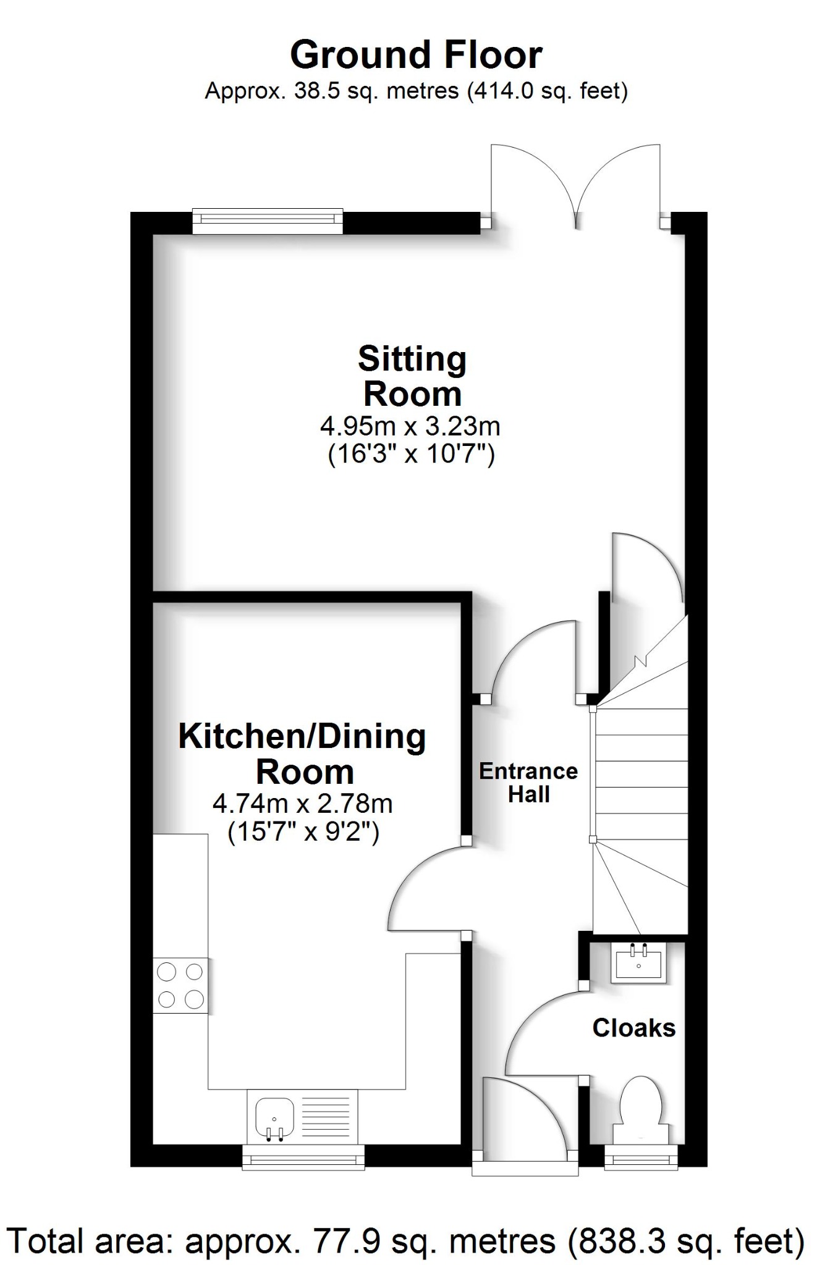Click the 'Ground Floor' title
(416, 55)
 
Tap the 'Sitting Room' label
(412, 376)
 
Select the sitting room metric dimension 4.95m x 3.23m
(410, 426)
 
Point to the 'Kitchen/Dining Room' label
(302, 754)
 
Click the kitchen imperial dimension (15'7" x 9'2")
(303, 832)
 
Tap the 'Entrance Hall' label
(528, 782)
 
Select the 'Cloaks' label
(634, 1028)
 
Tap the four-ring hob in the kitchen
(180, 985)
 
